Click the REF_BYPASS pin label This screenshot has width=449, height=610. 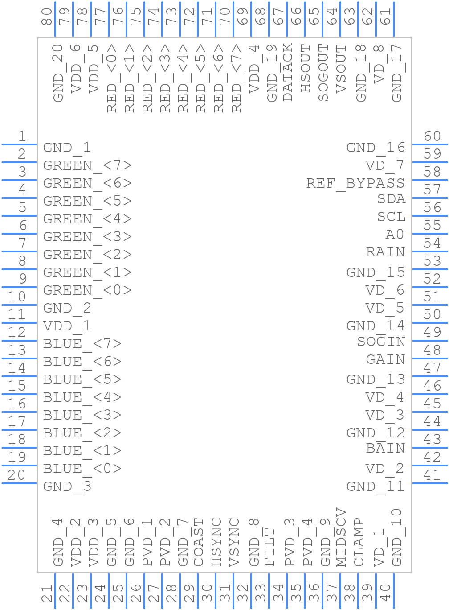355,183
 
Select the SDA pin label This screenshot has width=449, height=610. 391,199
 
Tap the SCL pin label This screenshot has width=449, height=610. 391,217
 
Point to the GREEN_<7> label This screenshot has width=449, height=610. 87,165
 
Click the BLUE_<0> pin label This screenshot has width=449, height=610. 82,469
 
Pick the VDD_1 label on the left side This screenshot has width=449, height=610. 67,326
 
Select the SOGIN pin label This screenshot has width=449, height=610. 381,342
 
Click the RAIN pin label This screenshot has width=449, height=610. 385,252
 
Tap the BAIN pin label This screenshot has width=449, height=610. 385,448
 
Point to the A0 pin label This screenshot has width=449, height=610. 395,235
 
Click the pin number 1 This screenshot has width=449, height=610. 21,136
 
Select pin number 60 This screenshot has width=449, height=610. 432,136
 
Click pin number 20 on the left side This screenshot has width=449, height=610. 17,475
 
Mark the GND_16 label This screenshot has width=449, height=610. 376,148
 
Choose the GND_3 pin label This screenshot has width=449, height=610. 67,486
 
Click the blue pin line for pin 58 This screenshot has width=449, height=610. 430,180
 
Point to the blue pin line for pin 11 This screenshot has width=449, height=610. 19,323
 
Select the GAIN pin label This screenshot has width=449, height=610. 385,359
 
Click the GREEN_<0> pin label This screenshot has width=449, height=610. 87,290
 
